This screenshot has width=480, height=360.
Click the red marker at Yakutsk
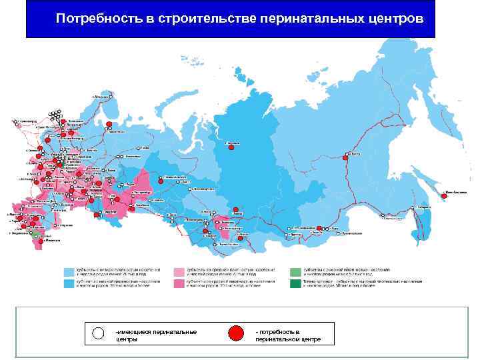click(345, 158)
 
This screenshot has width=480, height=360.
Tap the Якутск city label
click(354, 153)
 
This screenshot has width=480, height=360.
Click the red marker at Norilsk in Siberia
click(231, 148)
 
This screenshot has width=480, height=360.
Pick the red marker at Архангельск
click(108, 124)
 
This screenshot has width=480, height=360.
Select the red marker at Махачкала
click(41, 242)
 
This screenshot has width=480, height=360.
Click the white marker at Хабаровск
click(417, 207)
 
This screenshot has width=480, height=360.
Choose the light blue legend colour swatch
click(69, 272)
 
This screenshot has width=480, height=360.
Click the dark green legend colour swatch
click(295, 283)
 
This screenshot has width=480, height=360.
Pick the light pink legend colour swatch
click(179, 272)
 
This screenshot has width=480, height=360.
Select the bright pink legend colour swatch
click(179, 283)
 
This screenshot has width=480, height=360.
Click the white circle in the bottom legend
click(99, 334)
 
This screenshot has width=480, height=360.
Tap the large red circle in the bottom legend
click(236, 333)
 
